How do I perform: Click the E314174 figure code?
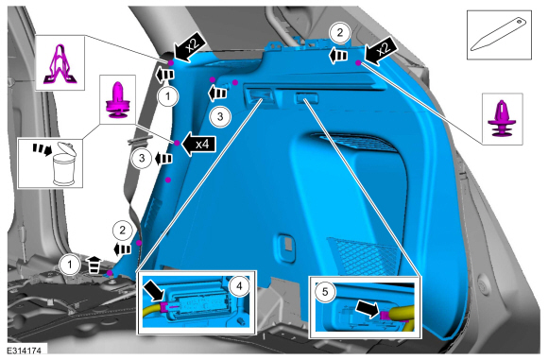coord(24,351)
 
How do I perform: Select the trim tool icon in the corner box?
coord(499,35)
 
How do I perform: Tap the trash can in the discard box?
coord(64,163)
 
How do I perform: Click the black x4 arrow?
coord(199,144)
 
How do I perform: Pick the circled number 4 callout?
coord(239,286)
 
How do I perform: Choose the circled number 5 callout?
coord(325,291)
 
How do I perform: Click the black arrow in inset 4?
coord(154,289)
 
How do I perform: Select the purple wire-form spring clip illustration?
coord(60,65)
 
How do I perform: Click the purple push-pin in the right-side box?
coord(502,119)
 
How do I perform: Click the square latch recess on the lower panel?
coord(287,245)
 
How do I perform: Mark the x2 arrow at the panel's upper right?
coord(381,51)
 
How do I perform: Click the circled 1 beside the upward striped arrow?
coord(70,265)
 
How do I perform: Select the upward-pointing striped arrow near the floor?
coord(94,265)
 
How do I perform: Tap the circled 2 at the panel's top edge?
coord(340,33)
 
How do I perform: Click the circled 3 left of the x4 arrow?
coord(142,159)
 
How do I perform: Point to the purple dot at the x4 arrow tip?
coord(177,143)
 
